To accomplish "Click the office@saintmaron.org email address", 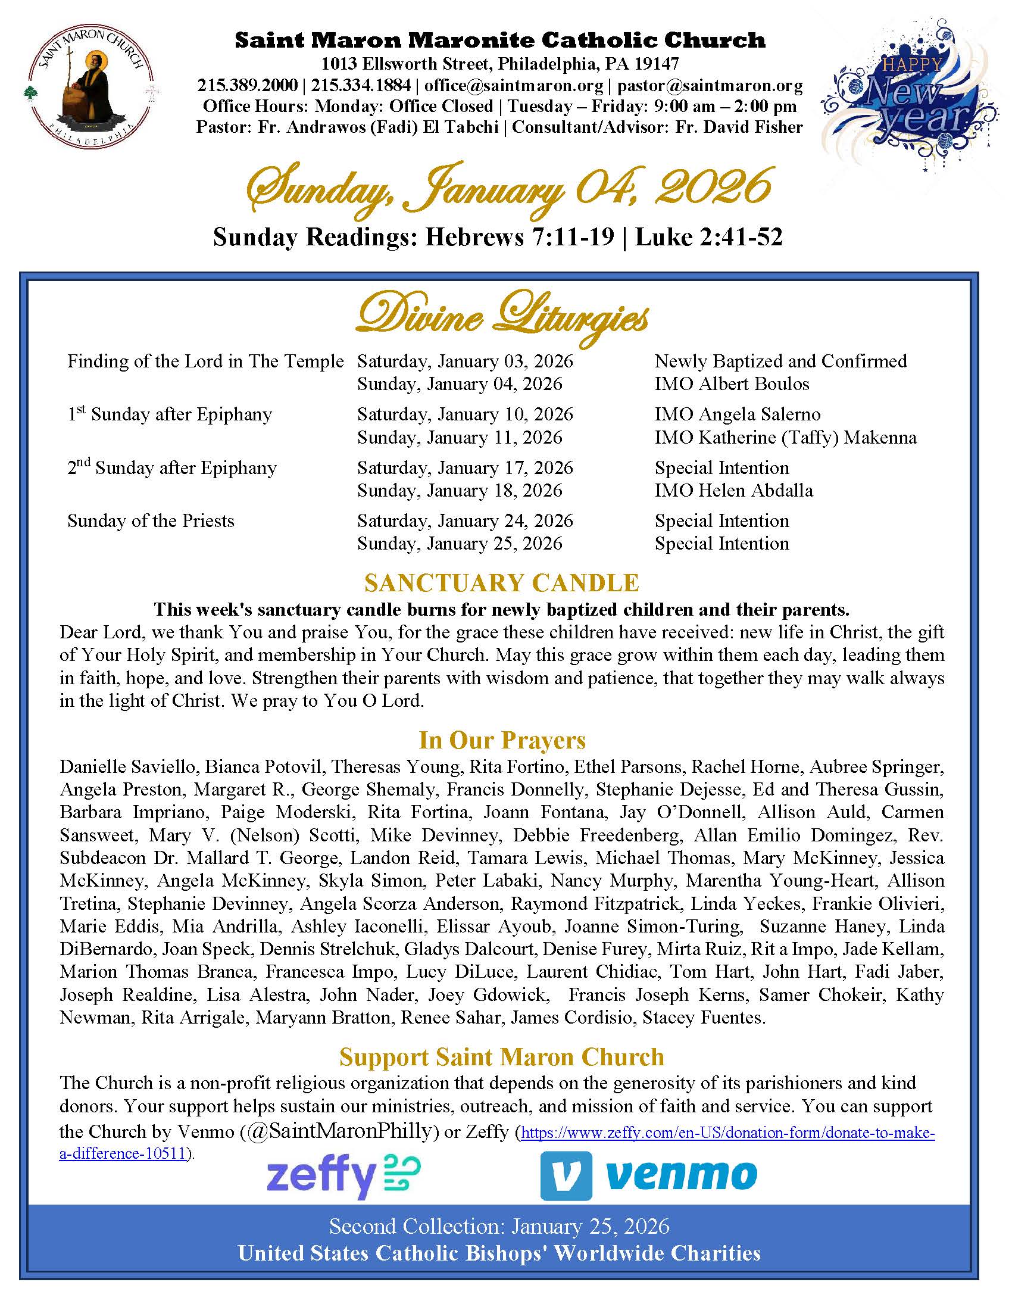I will [514, 85].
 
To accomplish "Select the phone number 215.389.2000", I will [248, 85].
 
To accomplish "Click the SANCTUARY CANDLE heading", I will [502, 583].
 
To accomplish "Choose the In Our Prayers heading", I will [502, 740].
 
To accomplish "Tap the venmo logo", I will [649, 1175].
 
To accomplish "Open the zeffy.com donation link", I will [728, 1133].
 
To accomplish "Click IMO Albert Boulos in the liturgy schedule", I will [732, 384].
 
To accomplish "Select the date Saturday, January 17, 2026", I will [465, 468].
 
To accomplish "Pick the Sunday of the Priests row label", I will [151, 520].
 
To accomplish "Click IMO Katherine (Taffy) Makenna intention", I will [785, 437].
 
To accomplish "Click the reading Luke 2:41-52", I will [708, 238].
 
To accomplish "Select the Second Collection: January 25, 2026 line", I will [499, 1226].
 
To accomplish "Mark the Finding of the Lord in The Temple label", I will [205, 361].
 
